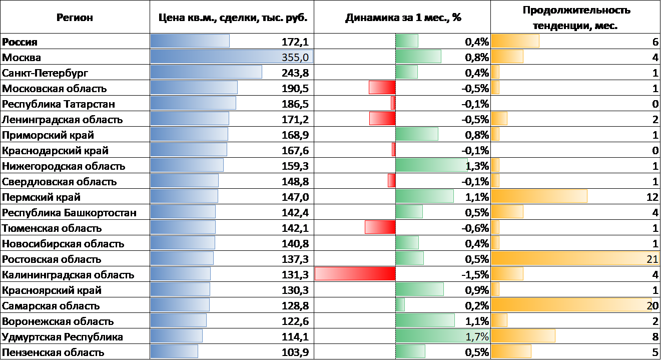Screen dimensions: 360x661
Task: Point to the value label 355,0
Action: (x=297, y=57)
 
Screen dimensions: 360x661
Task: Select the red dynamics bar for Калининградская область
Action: (x=355, y=274)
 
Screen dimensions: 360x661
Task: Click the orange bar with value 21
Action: (x=575, y=258)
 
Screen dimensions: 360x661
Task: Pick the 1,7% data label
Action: (x=477, y=337)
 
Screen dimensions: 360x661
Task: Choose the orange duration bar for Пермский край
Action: (x=539, y=196)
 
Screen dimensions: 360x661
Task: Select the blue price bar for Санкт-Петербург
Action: (x=206, y=72)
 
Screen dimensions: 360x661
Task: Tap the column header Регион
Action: (x=75, y=18)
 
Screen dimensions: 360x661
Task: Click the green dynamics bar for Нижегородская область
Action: (x=431, y=165)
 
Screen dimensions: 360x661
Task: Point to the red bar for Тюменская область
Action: (x=380, y=227)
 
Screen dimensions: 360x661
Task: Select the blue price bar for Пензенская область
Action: (x=174, y=351)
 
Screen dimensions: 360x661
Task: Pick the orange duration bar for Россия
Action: (x=515, y=41)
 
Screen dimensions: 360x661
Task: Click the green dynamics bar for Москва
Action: (x=418, y=57)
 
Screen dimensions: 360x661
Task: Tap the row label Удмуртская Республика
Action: (x=63, y=336)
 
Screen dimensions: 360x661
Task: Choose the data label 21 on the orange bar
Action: (x=652, y=258)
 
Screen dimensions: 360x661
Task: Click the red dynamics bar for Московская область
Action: (x=382, y=88)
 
